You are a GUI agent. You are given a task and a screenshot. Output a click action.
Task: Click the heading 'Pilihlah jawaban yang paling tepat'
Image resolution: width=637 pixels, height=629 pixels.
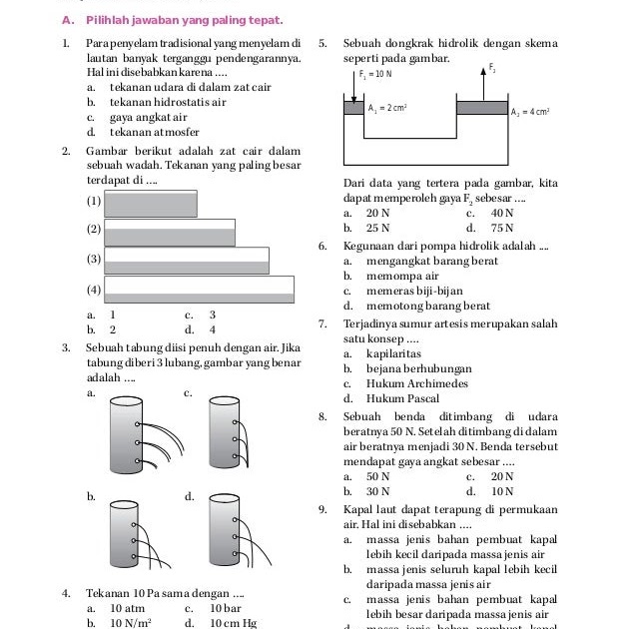(x=184, y=20)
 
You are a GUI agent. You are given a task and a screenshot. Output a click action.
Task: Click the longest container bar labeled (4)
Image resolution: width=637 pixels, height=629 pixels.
(x=201, y=289)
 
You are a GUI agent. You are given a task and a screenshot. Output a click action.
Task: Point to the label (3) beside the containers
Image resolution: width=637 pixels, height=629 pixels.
(x=94, y=260)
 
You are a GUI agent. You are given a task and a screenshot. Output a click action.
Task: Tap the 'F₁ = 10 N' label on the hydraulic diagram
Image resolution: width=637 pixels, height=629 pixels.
(x=375, y=74)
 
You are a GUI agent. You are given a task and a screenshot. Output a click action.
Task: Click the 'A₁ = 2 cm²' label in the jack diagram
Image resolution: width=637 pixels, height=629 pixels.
(x=386, y=108)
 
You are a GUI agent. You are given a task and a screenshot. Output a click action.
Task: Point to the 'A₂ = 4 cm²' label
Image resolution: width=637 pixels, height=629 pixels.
(x=532, y=112)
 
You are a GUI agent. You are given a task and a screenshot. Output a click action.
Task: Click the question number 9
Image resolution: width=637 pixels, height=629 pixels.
(x=321, y=508)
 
